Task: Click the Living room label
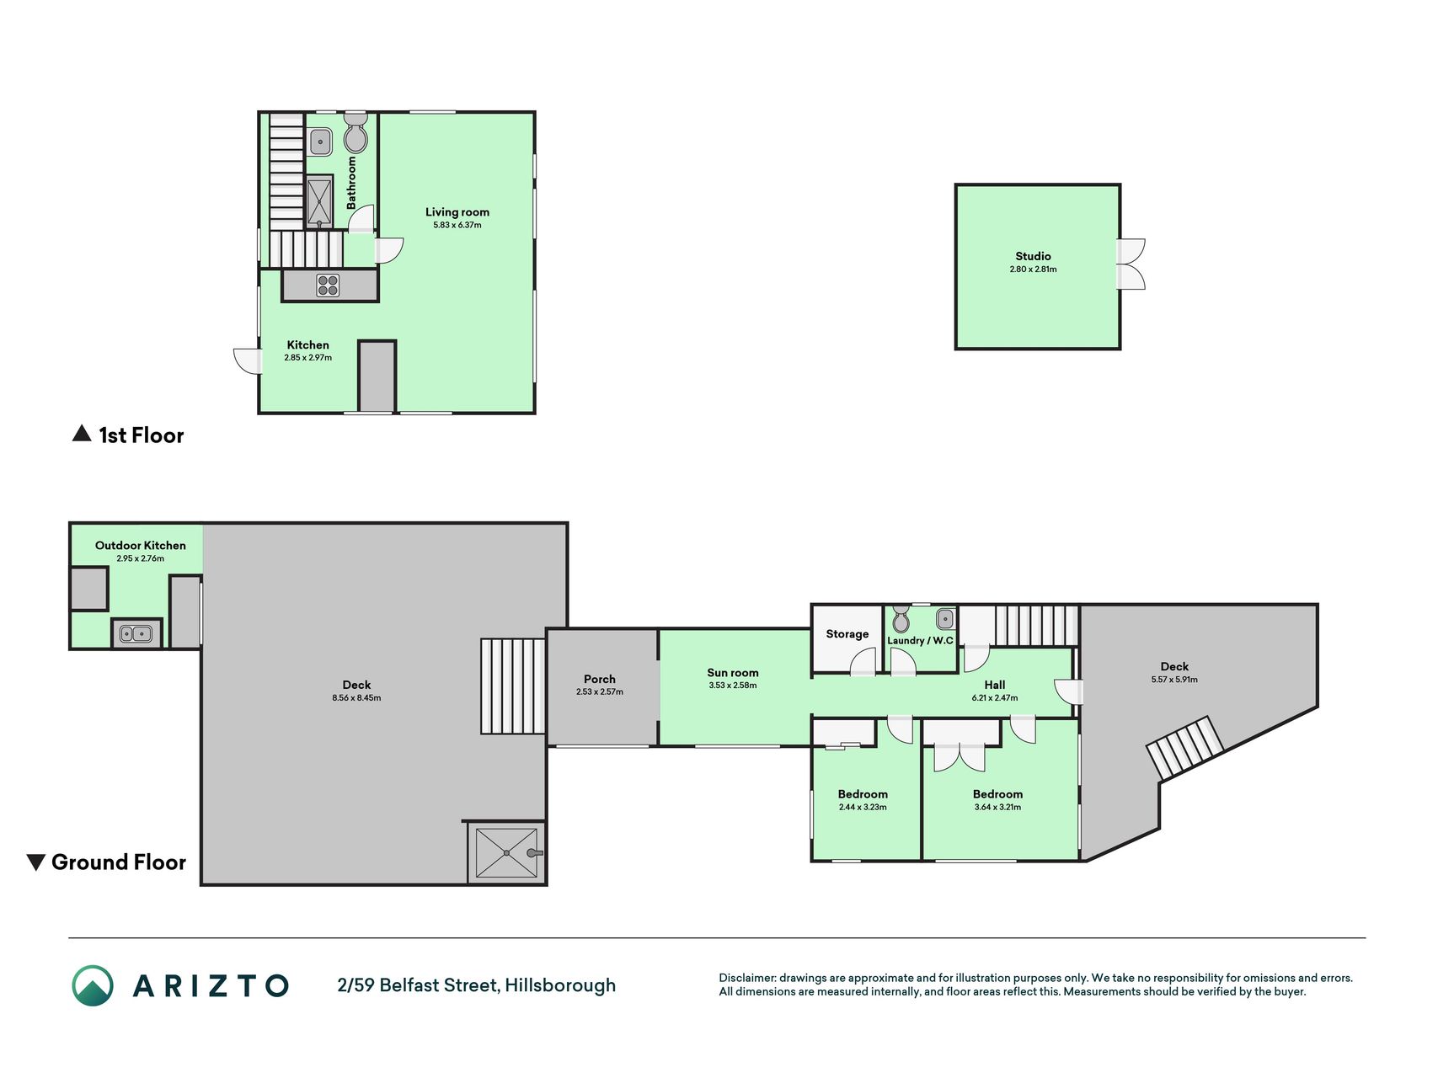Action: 457,212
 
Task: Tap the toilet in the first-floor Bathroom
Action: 355,133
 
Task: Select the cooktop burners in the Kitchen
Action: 328,286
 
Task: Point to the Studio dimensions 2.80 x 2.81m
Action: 1033,269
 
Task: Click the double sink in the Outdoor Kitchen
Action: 136,632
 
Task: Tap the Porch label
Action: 600,679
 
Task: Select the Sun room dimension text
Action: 733,686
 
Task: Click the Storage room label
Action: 847,634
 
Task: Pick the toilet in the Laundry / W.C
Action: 901,619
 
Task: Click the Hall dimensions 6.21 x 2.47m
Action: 995,698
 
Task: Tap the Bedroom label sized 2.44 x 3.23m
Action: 863,794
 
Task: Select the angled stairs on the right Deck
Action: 1184,747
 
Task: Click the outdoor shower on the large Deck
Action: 506,853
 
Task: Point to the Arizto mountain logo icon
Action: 93,985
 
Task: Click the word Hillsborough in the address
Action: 560,985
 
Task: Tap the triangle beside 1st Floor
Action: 82,433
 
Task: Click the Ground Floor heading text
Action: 119,862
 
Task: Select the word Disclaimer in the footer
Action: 746,978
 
